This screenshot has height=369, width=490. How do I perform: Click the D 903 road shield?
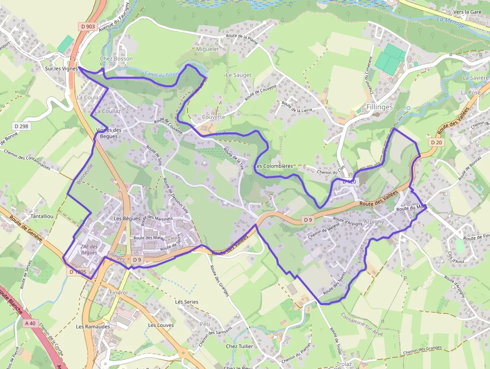86,26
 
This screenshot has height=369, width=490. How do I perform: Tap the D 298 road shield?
21,126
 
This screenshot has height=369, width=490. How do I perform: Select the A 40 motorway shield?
29,323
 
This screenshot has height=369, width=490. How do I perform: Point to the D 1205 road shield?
78,272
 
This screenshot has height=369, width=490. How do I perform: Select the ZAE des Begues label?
89,249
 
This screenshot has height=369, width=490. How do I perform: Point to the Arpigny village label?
373,221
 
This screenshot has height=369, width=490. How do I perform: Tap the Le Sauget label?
238,75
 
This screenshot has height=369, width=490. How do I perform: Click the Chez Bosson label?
116,59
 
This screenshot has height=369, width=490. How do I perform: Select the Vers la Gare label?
467,12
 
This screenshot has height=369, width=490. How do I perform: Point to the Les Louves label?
161,325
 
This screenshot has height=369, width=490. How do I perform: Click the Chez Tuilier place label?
239,346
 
